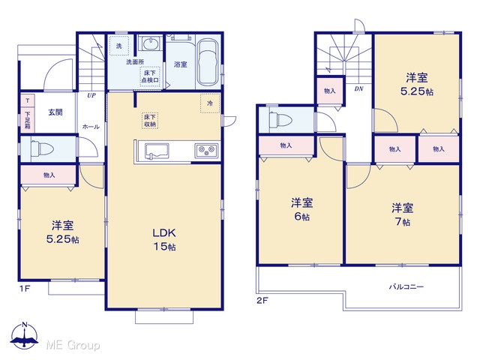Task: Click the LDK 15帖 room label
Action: pyautogui.click(x=164, y=240)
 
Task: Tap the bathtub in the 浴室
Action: pyautogui.click(x=208, y=62)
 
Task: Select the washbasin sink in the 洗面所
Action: pyautogui.click(x=150, y=44)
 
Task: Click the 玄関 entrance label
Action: pyautogui.click(x=55, y=112)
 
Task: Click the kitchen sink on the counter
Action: pyautogui.click(x=157, y=151)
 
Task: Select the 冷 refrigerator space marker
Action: pyautogui.click(x=210, y=103)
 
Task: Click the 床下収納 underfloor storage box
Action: pyautogui.click(x=150, y=121)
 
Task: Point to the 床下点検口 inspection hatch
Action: pyautogui.click(x=150, y=76)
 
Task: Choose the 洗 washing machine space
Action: pyautogui.click(x=118, y=46)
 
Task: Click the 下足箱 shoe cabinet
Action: pyautogui.click(x=28, y=118)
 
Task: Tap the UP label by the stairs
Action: pyautogui.click(x=91, y=95)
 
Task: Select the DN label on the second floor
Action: pyautogui.click(x=358, y=88)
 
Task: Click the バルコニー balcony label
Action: pyautogui.click(x=406, y=286)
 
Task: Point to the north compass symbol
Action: pyautogui.click(x=24, y=336)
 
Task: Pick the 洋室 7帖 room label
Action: pyautogui.click(x=402, y=214)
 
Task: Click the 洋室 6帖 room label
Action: pyautogui.click(x=301, y=210)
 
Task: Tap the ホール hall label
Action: pyautogui.click(x=91, y=127)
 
